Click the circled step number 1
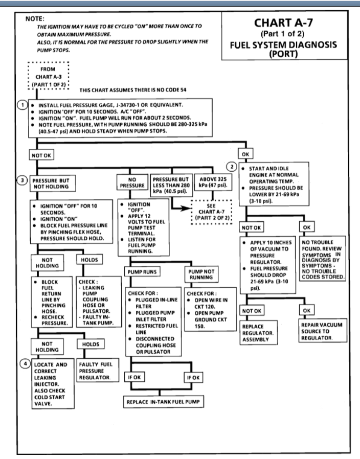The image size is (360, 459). coord(22,105)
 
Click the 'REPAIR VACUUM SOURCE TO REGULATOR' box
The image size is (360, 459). coord(323,331)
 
